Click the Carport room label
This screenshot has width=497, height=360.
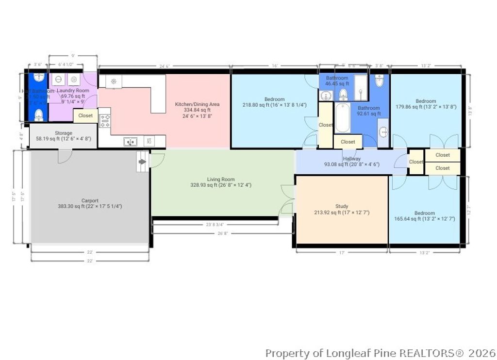pos(90,200)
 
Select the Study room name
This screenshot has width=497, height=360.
pos(342,206)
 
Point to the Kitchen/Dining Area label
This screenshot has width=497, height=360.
pos(197,104)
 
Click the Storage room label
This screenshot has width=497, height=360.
pos(64,133)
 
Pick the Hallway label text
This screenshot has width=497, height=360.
pos(351,159)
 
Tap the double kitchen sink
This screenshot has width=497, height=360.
pos(130,142)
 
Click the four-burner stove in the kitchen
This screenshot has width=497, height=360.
pos(105,120)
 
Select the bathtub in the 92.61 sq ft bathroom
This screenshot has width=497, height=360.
pos(342,118)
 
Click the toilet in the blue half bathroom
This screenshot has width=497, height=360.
pos(39,115)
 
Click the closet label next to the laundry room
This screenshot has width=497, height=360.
pos(85,115)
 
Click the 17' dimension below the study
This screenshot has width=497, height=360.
pos(341,252)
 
